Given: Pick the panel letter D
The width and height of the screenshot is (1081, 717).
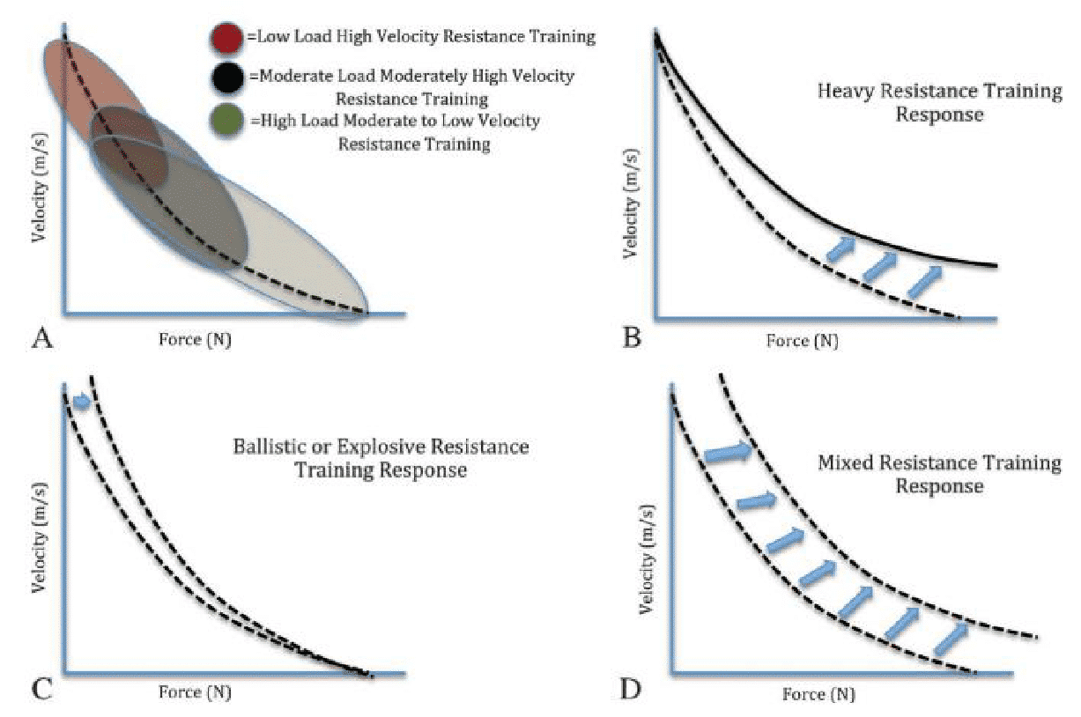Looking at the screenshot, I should (631, 689).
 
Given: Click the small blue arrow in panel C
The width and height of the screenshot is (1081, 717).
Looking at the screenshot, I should (81, 402).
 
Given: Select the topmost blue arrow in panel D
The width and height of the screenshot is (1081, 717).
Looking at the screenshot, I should (728, 453).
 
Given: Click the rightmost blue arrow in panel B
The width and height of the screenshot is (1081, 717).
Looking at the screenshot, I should (923, 281).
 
